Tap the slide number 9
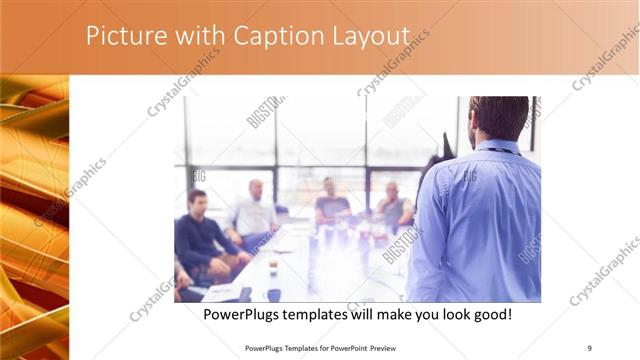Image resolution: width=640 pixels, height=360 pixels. coord(590,348)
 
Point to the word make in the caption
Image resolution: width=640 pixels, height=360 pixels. coord(378,315)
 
